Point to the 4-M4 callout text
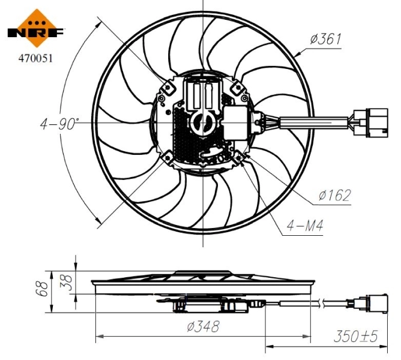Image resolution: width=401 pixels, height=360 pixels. (x=304, y=227)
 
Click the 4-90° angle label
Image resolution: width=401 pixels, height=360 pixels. (x=59, y=124)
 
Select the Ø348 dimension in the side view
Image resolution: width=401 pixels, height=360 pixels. (x=202, y=326)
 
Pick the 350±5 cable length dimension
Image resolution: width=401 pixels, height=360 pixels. (x=356, y=336)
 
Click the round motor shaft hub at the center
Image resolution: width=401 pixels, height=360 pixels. (x=202, y=124)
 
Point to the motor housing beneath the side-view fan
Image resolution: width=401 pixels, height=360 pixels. (x=202, y=306)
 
